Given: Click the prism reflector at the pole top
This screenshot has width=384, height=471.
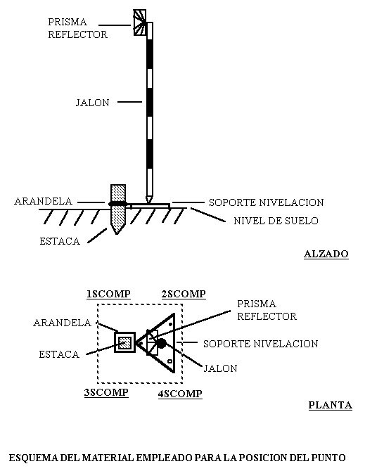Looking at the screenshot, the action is [140, 22].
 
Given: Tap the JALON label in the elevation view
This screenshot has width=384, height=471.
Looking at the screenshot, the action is [93, 103].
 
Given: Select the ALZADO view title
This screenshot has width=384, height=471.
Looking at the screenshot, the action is [326, 254].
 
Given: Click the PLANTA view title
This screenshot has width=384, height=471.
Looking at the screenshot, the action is [331, 405].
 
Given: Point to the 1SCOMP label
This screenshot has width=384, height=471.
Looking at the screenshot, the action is [108, 294].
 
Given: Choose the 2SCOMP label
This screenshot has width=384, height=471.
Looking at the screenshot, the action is [184, 294].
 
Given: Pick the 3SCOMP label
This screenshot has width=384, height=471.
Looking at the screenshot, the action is [106, 392].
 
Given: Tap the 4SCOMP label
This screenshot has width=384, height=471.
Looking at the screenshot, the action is [180, 394].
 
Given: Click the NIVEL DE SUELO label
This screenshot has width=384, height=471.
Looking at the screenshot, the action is [276, 221].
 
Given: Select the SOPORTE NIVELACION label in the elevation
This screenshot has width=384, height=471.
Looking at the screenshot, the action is [267, 202].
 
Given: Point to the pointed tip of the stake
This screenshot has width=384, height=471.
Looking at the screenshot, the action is [117, 233].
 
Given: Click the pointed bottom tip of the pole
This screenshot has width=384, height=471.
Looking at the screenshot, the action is [149, 202].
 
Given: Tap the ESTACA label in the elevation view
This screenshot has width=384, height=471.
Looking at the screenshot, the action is [60, 241].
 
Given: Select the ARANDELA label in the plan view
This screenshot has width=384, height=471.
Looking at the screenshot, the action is [62, 323].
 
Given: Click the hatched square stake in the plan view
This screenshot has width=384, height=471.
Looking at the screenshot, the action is [124, 342].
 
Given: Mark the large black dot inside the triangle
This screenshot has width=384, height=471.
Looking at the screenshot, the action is [161, 343].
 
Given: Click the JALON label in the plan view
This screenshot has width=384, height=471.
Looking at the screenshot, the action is [221, 368].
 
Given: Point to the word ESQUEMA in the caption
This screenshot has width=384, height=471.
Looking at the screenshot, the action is [34, 458].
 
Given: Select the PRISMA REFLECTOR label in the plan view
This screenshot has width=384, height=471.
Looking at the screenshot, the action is [267, 310].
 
